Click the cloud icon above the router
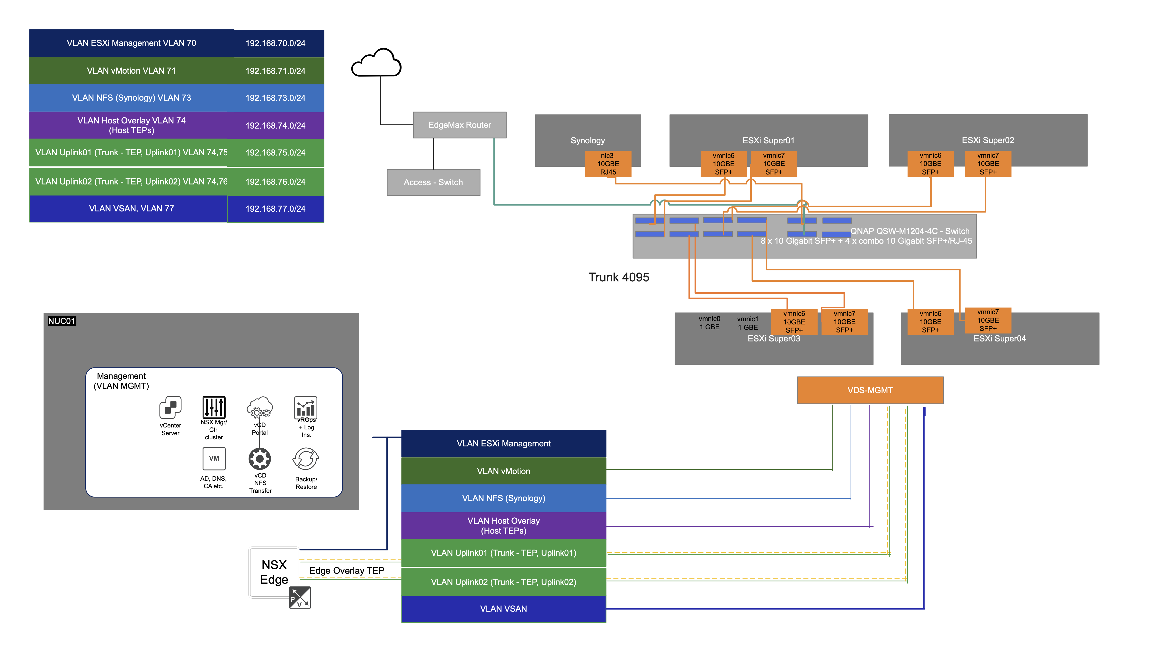tap(376, 64)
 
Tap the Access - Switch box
tap(433, 182)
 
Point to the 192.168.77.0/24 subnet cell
tap(275, 209)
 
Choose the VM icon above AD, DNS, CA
tap(214, 459)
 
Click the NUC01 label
tap(61, 321)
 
